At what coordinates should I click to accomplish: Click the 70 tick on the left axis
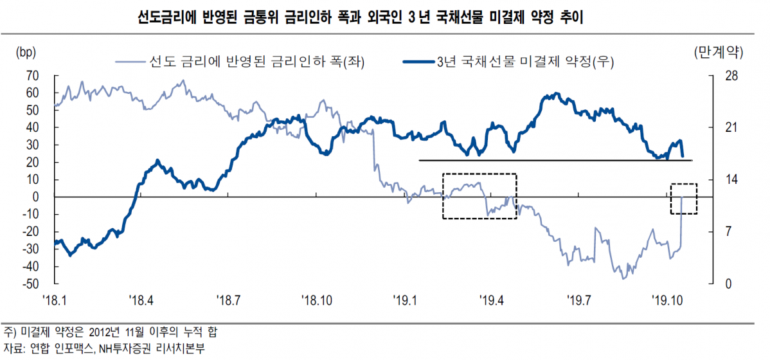pos(33,76)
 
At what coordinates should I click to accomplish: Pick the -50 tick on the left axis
pos(31,284)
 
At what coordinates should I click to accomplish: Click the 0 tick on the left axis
pos(36,197)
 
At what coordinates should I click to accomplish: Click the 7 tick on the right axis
pos(721,232)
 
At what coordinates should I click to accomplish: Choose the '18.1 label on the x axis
pos(55,299)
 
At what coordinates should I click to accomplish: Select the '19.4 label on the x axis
pos(493,299)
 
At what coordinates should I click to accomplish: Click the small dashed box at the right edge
pos(683,199)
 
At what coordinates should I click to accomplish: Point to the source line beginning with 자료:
pos(103,348)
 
